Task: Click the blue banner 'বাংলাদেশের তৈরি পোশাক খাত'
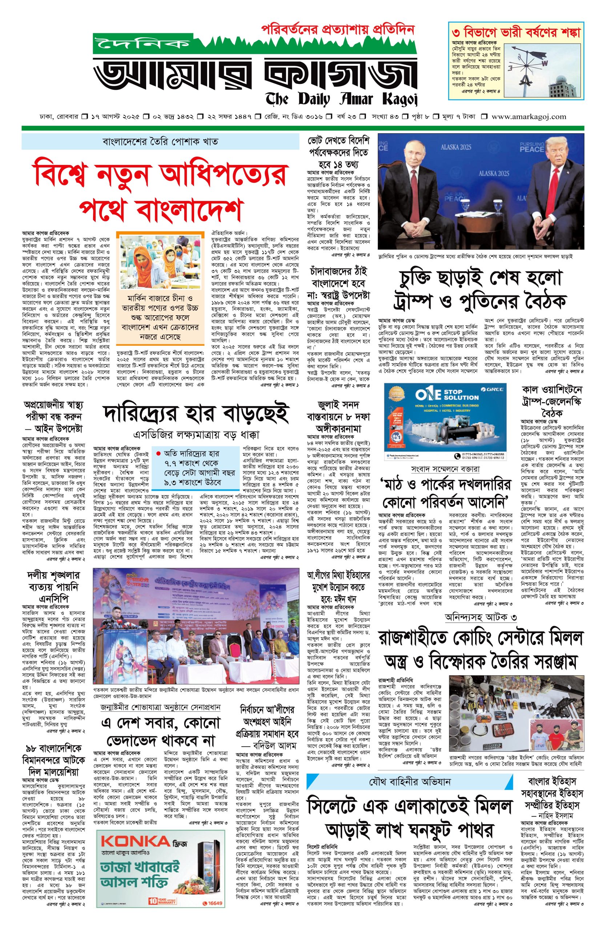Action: click(160, 141)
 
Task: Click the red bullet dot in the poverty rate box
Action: click(158, 454)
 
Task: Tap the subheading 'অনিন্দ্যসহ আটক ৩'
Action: click(481, 617)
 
